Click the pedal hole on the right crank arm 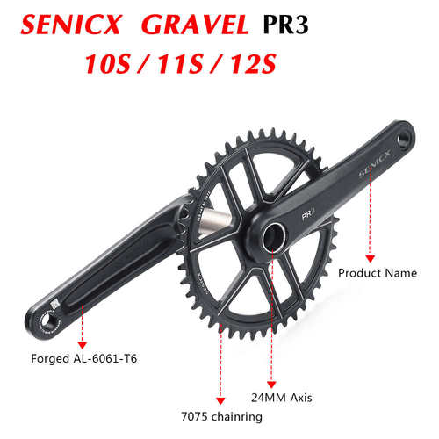[x=404, y=140]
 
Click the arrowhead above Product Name [x=369, y=257]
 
